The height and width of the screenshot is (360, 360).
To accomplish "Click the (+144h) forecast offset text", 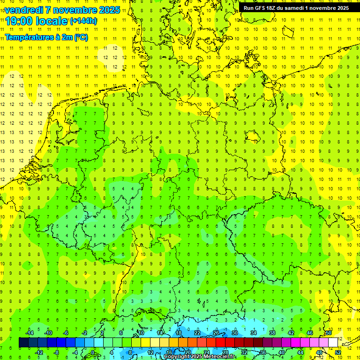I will tap(83, 21).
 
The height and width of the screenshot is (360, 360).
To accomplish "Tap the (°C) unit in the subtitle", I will tap(81, 37).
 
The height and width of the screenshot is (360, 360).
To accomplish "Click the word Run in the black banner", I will tap(248, 8).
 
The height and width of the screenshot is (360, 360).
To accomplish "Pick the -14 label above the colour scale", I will tap(30, 333).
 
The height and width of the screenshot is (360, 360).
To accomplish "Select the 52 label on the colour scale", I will tap(338, 352).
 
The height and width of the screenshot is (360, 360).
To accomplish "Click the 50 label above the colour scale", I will tap(329, 333).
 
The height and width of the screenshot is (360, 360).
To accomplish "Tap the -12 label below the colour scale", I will tap(39, 352).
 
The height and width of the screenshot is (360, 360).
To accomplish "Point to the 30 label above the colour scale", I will tap(235, 333).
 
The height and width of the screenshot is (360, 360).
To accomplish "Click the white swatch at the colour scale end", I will tap(333, 343).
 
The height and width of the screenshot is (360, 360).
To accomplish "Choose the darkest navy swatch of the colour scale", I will tap(23, 343).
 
